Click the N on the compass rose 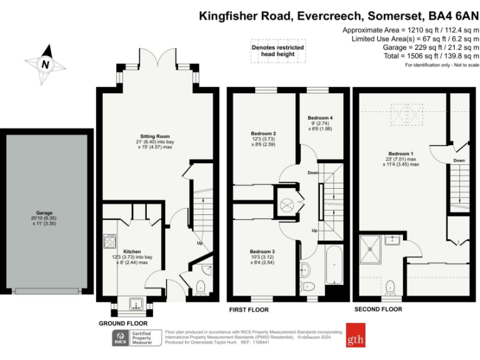click(x=44, y=64)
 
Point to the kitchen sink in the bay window click(x=136, y=304)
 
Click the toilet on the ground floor click(x=201, y=287)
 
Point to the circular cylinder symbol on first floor click(x=289, y=206)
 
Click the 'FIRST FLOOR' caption click(x=248, y=310)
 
